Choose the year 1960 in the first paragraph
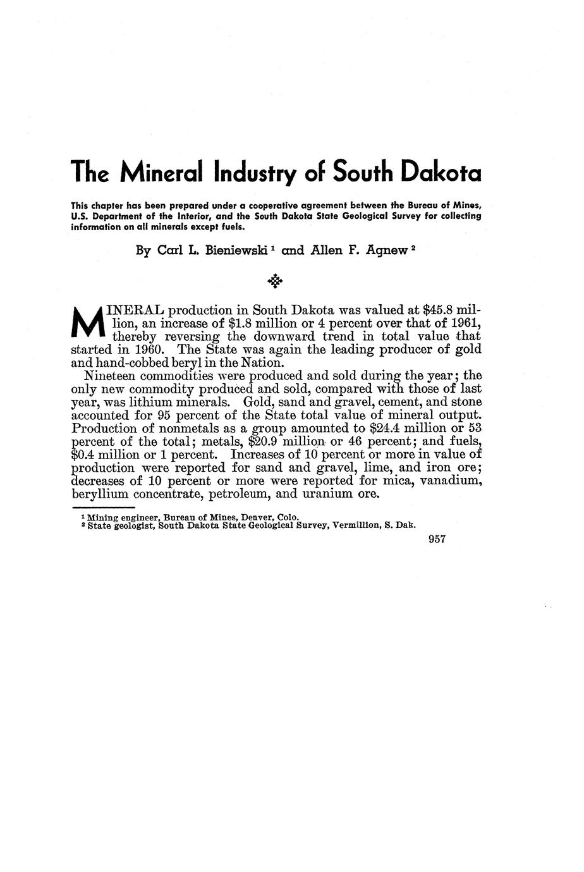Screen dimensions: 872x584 pyautogui.click(x=149, y=350)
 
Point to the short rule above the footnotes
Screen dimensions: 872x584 pyautogui.click(x=103, y=508)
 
